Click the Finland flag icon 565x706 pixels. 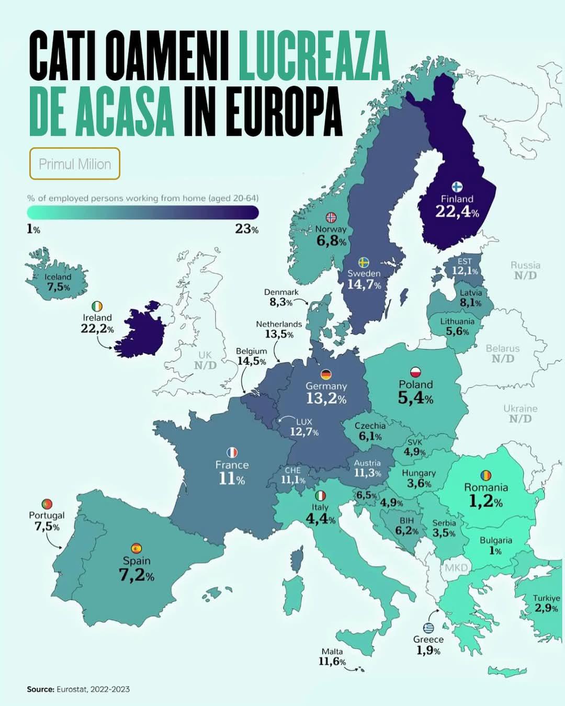(x=457, y=187)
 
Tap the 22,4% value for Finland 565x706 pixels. (x=457, y=212)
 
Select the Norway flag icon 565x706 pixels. (x=331, y=217)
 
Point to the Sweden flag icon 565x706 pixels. (x=364, y=262)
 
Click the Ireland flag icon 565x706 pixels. (x=97, y=306)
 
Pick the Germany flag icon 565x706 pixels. (x=326, y=374)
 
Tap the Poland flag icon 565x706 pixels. (x=416, y=372)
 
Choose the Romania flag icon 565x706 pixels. (x=486, y=475)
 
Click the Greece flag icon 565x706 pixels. (x=428, y=628)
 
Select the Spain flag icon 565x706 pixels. (x=137, y=548)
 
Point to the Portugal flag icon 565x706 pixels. (x=47, y=504)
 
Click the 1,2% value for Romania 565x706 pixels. (x=485, y=502)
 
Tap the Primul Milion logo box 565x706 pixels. (x=75, y=164)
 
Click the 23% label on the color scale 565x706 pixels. (x=246, y=229)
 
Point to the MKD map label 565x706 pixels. (x=456, y=567)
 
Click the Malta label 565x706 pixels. (x=332, y=652)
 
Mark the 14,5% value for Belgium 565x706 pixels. (x=252, y=361)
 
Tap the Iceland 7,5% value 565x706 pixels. (x=58, y=287)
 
